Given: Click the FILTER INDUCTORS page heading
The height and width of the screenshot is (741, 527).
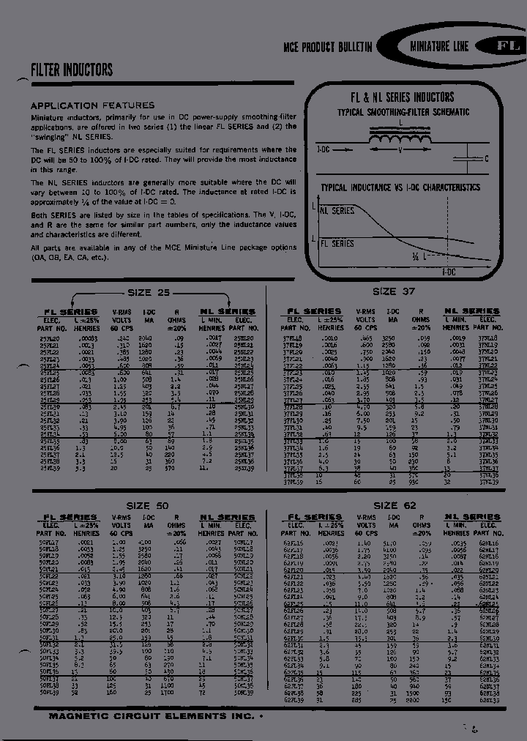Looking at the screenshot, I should coord(72,70).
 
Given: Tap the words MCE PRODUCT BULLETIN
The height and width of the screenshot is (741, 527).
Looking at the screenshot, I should coord(328,47).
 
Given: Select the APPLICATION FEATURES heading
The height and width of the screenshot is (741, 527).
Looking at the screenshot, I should coord(92,105).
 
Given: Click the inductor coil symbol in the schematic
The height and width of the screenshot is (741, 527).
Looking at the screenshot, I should coord(398,138).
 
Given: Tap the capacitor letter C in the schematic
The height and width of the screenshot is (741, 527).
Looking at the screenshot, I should coord(487,159).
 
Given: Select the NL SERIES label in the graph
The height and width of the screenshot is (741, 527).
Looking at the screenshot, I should coord(337,211).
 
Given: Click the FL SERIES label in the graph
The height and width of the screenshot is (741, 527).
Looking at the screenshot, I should coord(337,243).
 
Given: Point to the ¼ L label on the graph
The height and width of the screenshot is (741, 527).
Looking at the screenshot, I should coord(419,257).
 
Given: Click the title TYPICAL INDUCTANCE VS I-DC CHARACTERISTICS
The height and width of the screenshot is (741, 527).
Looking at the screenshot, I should coord(400,187).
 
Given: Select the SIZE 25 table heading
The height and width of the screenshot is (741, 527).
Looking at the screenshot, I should coord(149,293).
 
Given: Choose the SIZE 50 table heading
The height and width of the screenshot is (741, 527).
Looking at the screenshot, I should coord(147,506).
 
